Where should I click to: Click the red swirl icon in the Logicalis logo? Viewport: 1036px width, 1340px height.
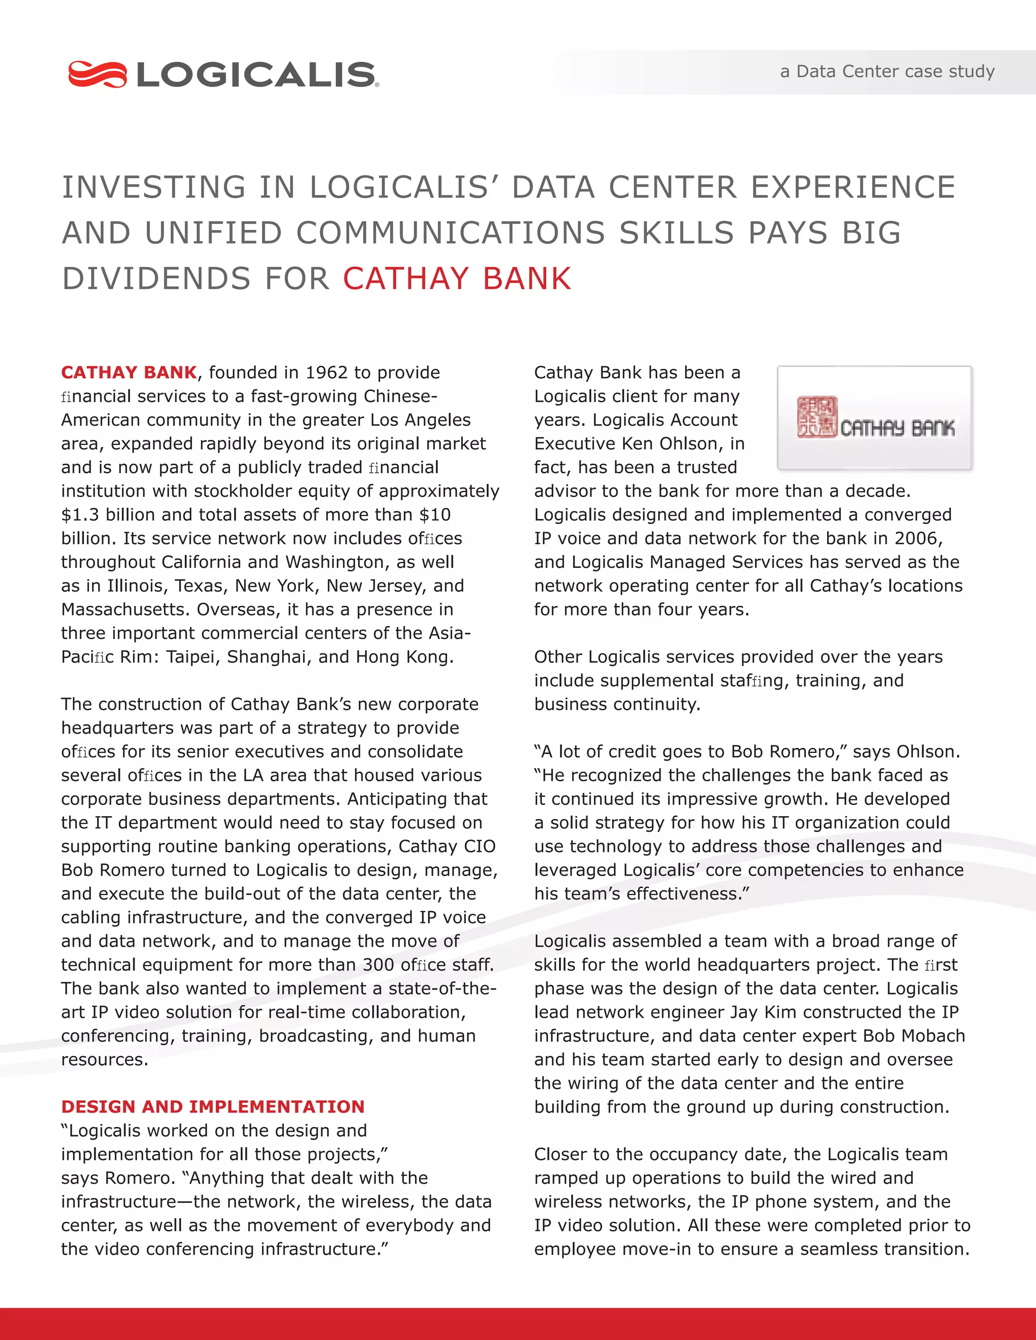point(97,74)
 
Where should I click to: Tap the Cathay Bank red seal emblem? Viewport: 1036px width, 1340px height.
point(816,417)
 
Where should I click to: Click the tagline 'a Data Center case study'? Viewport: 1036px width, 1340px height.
point(887,72)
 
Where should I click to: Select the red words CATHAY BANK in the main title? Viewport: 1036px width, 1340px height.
point(457,279)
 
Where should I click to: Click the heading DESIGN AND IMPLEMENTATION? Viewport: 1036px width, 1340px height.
point(213,1106)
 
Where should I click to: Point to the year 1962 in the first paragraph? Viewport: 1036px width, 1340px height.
point(327,373)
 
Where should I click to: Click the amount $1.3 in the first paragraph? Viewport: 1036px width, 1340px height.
point(80,515)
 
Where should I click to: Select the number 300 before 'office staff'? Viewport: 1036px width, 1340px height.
point(379,964)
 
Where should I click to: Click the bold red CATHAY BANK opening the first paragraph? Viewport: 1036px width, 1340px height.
point(129,373)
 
